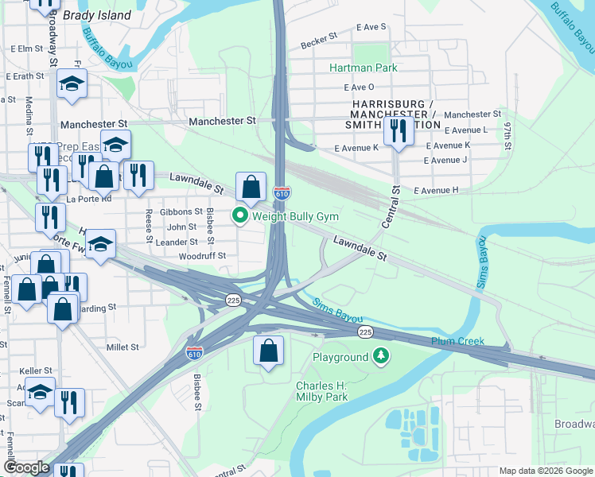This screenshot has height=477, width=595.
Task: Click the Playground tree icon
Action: coord(382,357)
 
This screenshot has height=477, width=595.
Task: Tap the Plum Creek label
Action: coord(457,341)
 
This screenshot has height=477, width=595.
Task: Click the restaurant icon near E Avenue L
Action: coord(397,130)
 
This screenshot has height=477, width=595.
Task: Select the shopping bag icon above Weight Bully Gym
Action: coord(251,188)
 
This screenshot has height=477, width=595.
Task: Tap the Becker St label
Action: coord(319,40)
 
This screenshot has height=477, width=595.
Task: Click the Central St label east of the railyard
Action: coord(390,207)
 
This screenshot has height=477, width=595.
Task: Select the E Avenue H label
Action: coord(437,190)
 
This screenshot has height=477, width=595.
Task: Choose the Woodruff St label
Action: coord(202,256)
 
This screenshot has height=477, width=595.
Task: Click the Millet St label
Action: coord(122,347)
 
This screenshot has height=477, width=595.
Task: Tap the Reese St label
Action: coord(149,225)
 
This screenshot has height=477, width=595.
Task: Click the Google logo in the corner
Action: coord(27,467)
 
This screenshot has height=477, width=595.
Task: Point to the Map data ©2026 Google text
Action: coord(545,471)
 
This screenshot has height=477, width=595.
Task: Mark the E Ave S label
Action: coord(371,27)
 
